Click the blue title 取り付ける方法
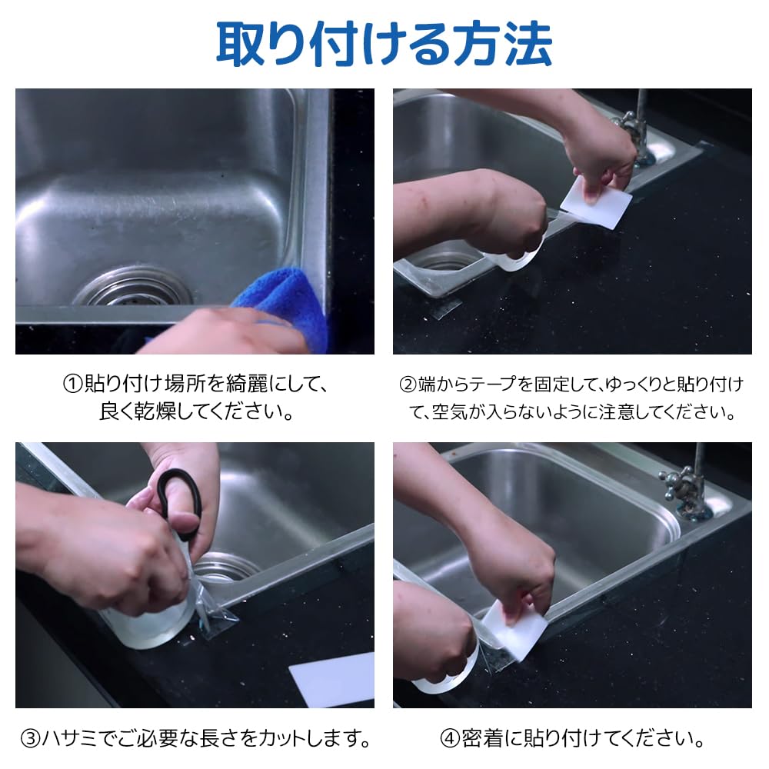384,45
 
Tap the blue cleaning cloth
285,304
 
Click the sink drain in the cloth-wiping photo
132,287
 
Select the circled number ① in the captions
72,384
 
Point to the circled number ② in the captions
408,384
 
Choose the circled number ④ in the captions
450,738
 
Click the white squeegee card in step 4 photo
515,625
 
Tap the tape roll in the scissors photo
147,623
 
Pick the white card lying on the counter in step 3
334,679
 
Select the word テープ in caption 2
491,384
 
